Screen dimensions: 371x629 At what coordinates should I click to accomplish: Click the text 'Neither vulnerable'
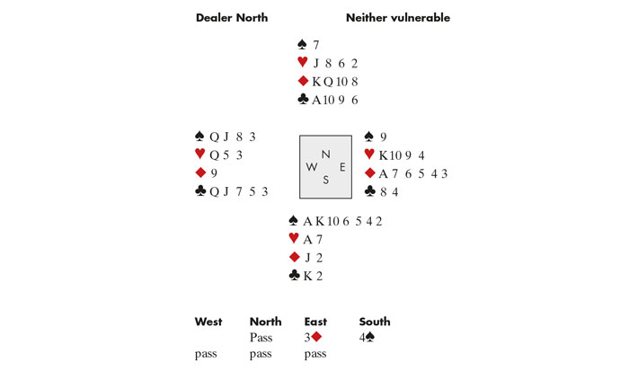[x=398, y=18]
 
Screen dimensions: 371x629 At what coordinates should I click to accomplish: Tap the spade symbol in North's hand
[x=302, y=44]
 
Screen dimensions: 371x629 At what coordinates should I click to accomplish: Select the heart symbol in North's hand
[x=302, y=63]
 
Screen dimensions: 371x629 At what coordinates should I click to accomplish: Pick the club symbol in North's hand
[x=302, y=101]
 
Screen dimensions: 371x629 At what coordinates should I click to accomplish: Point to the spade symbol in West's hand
[x=199, y=137]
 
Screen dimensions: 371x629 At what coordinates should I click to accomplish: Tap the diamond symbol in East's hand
[x=369, y=173]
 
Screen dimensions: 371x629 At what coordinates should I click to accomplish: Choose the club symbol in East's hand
[x=369, y=191]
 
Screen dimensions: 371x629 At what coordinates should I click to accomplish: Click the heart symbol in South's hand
[x=294, y=238]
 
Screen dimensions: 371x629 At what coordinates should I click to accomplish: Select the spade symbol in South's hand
[x=294, y=220]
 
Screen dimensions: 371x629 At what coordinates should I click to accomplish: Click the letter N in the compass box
[x=325, y=154]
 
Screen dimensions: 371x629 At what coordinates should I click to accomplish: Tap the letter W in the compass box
[x=311, y=167]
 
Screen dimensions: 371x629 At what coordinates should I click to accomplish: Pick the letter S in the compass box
[x=325, y=181]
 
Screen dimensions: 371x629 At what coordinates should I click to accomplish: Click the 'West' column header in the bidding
[x=209, y=322]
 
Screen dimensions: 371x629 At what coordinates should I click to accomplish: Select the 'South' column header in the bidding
[x=375, y=322]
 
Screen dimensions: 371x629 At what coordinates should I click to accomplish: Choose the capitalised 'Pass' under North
[x=261, y=338]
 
